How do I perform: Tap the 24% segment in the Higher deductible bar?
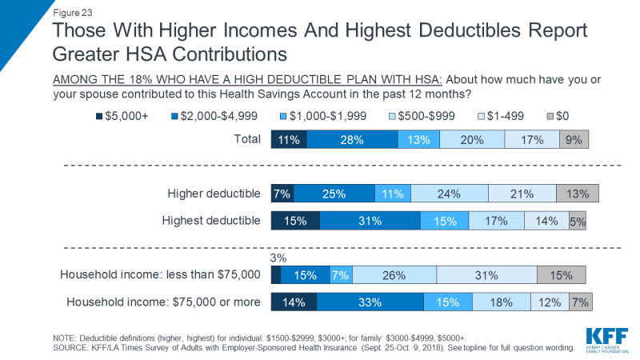tap(448, 193)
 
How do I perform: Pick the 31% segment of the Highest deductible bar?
tap(370, 221)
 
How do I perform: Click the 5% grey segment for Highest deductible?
tap(578, 222)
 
